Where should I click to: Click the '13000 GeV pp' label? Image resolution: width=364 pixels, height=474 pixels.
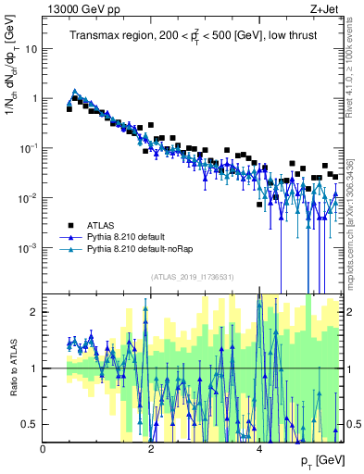coord(75,8)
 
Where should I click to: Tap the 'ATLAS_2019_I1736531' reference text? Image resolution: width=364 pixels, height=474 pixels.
coord(193,276)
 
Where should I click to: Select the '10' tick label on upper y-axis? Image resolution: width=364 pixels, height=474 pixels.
coord(31,48)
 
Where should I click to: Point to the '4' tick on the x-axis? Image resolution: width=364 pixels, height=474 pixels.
coord(259,448)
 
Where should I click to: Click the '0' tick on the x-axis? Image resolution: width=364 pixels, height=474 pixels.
coord(44,448)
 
